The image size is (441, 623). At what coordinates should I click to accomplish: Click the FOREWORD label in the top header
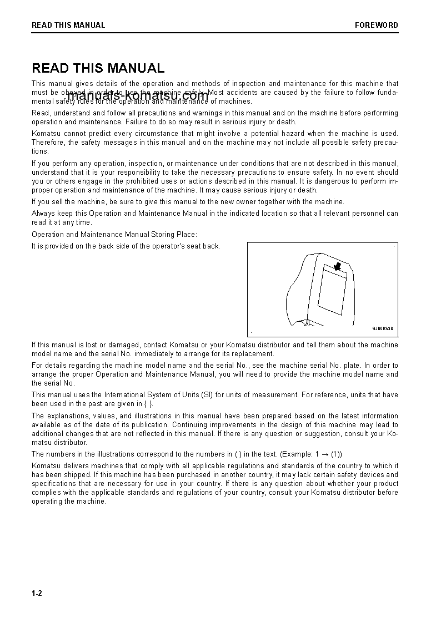point(376,25)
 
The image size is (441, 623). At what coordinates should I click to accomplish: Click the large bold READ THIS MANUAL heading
point(98,68)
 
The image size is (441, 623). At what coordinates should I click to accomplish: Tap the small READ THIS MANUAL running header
point(68,25)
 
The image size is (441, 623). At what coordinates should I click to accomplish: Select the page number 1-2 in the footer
point(37,593)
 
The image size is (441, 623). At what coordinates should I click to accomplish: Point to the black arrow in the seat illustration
point(336,267)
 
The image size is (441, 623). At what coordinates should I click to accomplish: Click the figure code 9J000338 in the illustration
point(382,328)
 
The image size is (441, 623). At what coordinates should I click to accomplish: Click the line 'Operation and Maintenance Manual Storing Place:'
point(114,235)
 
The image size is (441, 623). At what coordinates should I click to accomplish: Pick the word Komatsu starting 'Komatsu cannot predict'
point(46,133)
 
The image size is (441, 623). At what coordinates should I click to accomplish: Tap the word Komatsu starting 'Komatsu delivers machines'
point(46,466)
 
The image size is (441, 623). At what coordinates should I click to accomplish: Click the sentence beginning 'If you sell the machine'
point(188,202)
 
